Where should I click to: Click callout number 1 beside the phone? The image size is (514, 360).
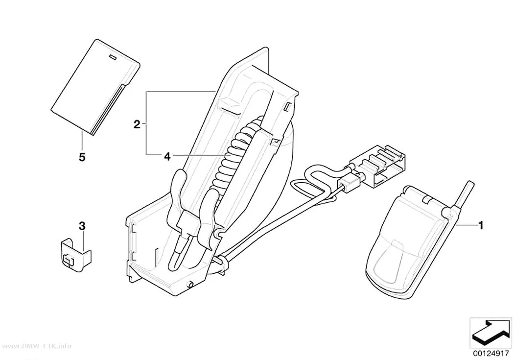pos(481,225)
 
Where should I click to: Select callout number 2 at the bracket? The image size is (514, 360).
pos(137,124)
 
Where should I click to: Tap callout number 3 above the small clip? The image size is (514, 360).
pos(82,226)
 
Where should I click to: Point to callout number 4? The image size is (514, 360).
pos(167,157)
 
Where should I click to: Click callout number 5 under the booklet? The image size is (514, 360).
pos(82,157)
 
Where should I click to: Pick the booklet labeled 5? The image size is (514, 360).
pos(95,87)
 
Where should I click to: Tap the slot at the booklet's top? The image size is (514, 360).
pos(113,57)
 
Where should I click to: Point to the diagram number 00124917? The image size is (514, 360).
pos(491,354)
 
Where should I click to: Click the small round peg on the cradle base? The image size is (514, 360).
pos(189,284)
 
